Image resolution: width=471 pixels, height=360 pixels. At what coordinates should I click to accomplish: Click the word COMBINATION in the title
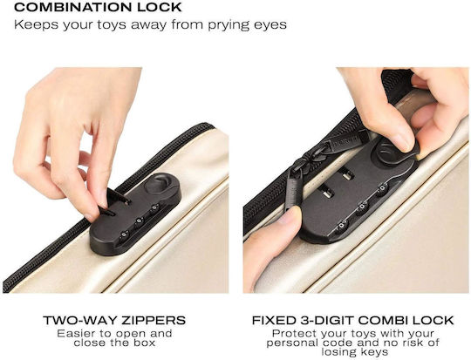[73, 7]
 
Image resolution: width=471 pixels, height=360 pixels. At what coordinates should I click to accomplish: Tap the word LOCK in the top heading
[160, 7]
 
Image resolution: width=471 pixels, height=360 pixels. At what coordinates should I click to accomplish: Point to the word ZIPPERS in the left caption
[154, 321]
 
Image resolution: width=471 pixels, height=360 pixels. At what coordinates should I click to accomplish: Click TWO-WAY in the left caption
[80, 321]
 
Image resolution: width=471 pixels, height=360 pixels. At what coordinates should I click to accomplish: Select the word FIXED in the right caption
[273, 321]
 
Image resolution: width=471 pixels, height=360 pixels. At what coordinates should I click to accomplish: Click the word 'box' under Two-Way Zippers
[145, 343]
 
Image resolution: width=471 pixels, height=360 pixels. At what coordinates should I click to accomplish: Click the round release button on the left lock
[158, 184]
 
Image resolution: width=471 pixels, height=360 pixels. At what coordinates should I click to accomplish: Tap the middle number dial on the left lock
[139, 222]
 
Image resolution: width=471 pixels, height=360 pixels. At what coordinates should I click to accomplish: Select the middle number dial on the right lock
[361, 207]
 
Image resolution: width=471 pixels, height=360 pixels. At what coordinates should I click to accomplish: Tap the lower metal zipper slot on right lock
[327, 192]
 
